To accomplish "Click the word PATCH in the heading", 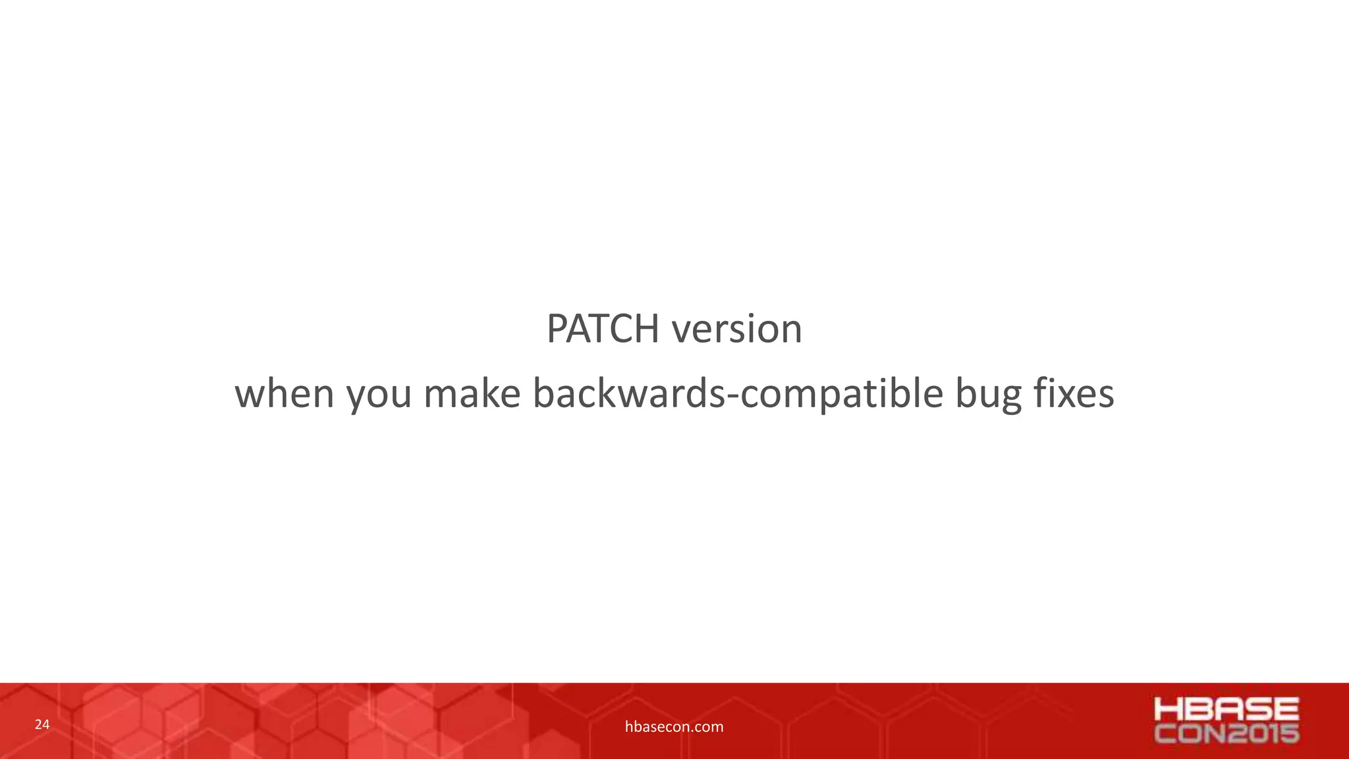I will tap(603, 328).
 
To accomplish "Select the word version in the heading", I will tap(737, 328).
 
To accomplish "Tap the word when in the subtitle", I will tap(285, 393).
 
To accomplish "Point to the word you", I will tap(379, 395).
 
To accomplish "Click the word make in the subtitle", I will tap(472, 393).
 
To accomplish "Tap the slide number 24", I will tap(42, 725).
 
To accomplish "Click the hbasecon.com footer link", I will tap(674, 727).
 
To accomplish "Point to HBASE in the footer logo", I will tap(1226, 710).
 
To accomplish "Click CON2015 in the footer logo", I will tap(1226, 733).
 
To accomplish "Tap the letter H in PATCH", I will tap(646, 328).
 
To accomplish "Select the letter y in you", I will tap(356, 396).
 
